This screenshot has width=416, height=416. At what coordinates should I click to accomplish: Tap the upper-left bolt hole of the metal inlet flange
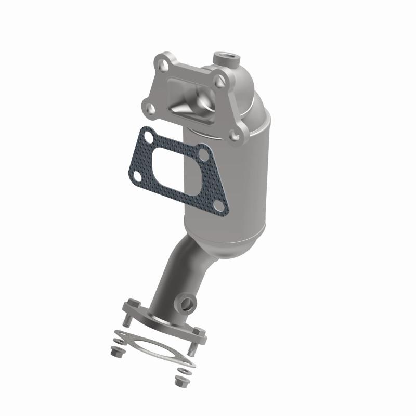pos(165,66)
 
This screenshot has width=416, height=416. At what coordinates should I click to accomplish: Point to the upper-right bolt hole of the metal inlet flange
pos(221,80)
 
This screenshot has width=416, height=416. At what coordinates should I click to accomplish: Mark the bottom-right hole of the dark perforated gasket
pos(219,207)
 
